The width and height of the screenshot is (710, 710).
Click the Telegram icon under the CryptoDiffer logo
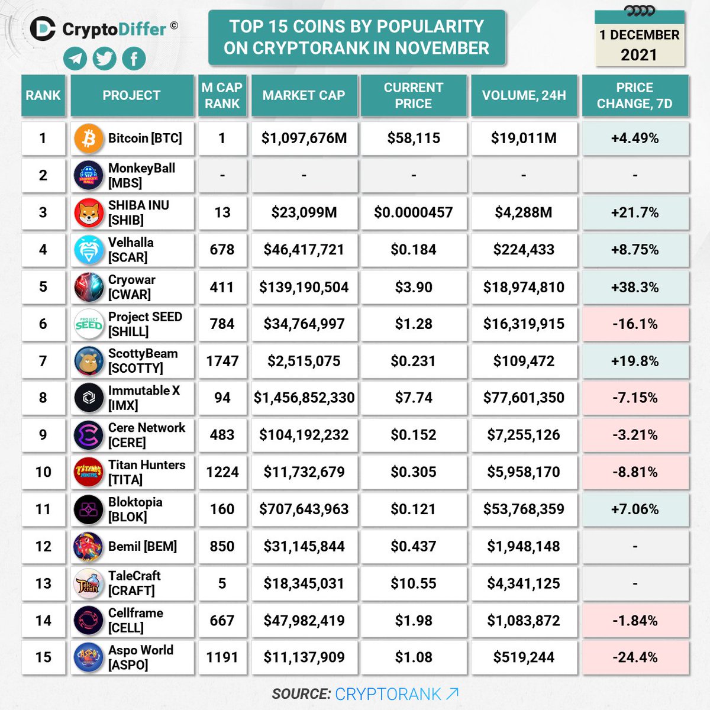pos(75,59)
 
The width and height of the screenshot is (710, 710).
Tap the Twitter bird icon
pos(105,59)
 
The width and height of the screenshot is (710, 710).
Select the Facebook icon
pos(134,59)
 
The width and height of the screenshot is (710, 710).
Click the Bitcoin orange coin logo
pos(89,138)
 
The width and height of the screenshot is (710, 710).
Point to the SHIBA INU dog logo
pos(89,213)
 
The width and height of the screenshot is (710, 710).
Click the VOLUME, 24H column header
pos(524,95)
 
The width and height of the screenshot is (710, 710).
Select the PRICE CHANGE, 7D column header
pos(635,95)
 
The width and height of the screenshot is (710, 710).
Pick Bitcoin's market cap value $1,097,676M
pos(304,138)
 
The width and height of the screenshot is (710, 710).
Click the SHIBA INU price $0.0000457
pos(413,212)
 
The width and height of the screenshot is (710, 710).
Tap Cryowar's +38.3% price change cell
pos(635,287)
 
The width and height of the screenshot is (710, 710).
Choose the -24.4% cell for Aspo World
pos(635,657)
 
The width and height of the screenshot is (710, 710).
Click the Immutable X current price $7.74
pos(413,398)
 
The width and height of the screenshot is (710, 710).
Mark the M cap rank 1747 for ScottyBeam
pos(222,361)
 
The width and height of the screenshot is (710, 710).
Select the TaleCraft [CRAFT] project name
pos(134,583)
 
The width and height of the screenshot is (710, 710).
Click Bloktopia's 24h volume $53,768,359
pos(524,509)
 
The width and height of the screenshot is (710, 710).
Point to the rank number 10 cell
pos(43,472)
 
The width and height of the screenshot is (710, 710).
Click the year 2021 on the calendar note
pos(638,55)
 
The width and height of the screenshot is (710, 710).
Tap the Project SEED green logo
pos(89,324)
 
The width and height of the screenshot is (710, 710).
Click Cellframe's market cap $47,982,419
pos(304,621)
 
